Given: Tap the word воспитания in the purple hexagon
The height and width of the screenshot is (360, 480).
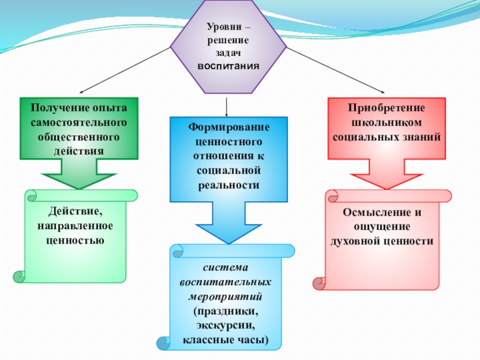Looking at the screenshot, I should [229, 65].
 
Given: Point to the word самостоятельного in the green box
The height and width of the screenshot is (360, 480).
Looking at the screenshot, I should [79, 122].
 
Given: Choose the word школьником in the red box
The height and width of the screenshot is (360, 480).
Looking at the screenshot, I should [387, 122].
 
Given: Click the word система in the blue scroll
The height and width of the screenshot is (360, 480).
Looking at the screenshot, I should [225, 268].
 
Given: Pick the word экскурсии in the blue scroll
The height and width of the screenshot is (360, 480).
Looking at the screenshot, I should [225, 327].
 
